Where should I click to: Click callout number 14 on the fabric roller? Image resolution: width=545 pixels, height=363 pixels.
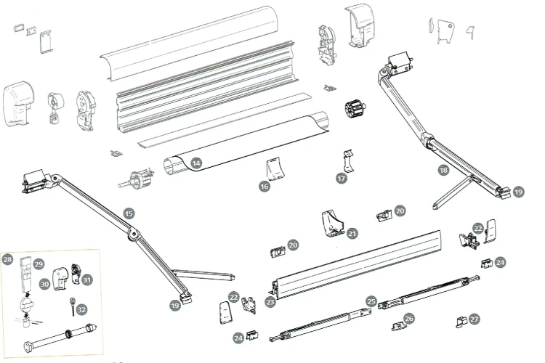point(196,163)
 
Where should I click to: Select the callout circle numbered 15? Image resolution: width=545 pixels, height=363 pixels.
point(129,213)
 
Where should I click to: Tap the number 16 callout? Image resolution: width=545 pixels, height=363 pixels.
point(265,186)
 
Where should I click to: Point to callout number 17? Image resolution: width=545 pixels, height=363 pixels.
point(342,178)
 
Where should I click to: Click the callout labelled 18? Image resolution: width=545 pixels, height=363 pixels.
point(443,170)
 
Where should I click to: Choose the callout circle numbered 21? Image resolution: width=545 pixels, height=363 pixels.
point(352,234)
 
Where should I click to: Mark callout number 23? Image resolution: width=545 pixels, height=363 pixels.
point(270,302)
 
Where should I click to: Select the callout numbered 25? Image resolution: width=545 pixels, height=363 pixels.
point(371,301)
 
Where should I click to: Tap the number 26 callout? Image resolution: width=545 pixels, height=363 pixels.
point(409,318)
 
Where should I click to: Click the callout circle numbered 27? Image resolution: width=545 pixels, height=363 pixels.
point(475,319)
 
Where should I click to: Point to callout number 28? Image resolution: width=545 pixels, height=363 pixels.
point(7,259)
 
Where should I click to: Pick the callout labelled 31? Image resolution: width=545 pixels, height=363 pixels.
point(87,280)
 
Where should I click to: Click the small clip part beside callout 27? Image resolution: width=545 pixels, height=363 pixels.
point(461,322)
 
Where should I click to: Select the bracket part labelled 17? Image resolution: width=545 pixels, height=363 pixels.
point(349,161)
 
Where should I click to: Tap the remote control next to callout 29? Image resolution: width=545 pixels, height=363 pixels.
point(25,274)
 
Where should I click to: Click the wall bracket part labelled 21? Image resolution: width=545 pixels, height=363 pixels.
point(331,224)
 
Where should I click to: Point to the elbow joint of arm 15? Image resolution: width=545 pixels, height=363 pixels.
point(133,234)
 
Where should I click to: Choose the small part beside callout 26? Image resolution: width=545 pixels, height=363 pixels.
point(397,326)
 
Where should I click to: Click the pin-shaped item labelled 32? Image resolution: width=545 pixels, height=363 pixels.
point(73,306)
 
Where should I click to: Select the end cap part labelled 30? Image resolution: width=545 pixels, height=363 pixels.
point(60,278)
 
